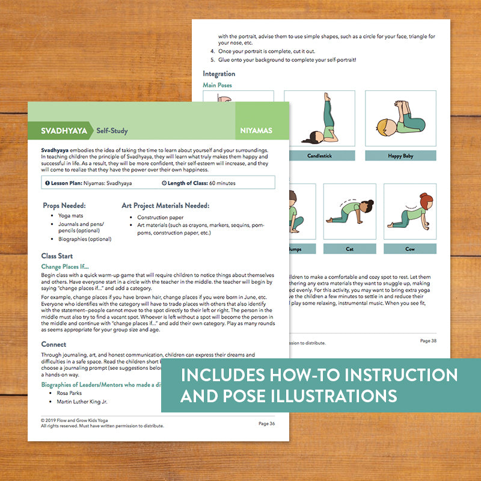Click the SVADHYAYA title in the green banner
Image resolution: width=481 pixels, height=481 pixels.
[64, 130]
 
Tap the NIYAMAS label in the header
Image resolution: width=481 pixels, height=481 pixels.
[256, 130]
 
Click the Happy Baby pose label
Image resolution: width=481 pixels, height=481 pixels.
[400, 156]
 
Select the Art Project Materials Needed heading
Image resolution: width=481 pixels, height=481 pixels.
[165, 205]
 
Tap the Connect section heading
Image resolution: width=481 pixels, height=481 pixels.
[54, 344]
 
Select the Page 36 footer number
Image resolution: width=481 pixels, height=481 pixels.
[266, 423]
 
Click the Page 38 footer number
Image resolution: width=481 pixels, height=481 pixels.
[428, 341]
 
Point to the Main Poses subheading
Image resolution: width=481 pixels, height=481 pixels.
[217, 85]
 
